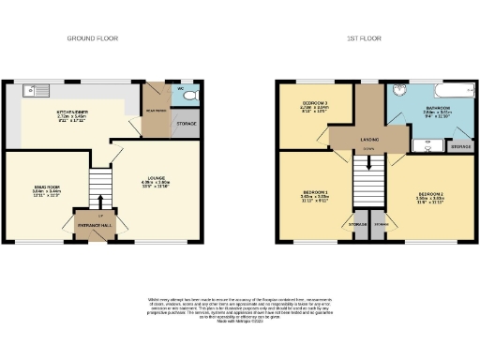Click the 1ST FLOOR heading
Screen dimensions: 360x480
point(363,38)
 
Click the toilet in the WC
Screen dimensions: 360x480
point(187,96)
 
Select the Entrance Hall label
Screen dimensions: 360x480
point(97,225)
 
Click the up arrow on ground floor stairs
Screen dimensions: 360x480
point(97,199)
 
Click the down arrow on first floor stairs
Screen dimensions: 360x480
point(368,160)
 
